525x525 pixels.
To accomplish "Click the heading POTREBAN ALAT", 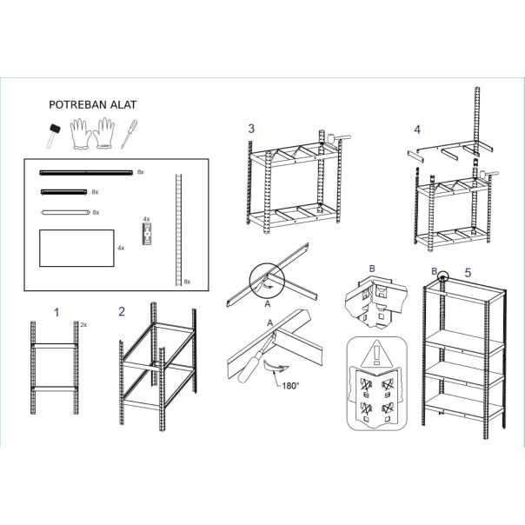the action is pyautogui.click(x=93, y=105).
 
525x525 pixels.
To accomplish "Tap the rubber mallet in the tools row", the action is pyautogui.click(x=54, y=136).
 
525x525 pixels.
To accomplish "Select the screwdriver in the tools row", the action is pyautogui.click(x=129, y=134).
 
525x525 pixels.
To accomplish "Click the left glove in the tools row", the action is pyautogui.click(x=80, y=134).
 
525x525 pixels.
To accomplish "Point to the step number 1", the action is pyautogui.click(x=56, y=313).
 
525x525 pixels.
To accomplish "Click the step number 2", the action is pyautogui.click(x=122, y=312).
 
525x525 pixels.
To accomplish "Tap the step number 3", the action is pyautogui.click(x=251, y=129).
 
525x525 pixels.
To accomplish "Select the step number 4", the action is pyautogui.click(x=417, y=130).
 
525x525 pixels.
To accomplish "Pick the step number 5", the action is pyautogui.click(x=468, y=273).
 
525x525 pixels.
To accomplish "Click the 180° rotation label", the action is pyautogui.click(x=290, y=386).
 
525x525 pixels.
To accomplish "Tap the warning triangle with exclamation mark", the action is pyautogui.click(x=376, y=354).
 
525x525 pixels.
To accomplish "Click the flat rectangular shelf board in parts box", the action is pyautogui.click(x=76, y=248).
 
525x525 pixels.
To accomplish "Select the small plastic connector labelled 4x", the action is pyautogui.click(x=147, y=234).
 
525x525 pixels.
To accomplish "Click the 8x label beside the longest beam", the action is pyautogui.click(x=141, y=172).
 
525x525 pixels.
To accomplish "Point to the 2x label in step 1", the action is pyautogui.click(x=83, y=325).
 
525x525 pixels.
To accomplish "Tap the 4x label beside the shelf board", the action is pyautogui.click(x=121, y=248).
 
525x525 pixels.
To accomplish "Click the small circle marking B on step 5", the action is pyautogui.click(x=442, y=276).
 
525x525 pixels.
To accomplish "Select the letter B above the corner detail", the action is pyautogui.click(x=372, y=269).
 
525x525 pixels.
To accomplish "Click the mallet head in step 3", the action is pyautogui.click(x=331, y=138).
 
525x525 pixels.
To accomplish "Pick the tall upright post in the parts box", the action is pyautogui.click(x=179, y=229).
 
